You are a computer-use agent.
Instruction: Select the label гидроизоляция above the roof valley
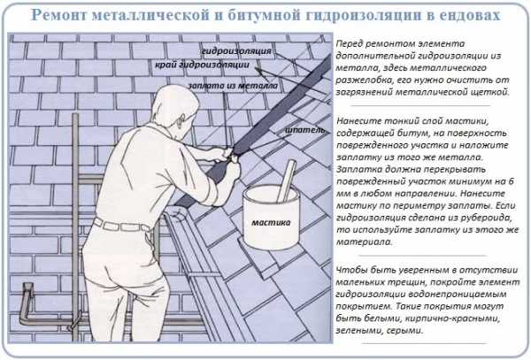coord(236,50)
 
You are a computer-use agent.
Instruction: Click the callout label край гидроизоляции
coord(202,65)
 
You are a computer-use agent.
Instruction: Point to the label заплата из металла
coord(233,86)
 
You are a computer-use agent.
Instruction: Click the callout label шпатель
coord(304,130)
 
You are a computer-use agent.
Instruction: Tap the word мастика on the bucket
coord(271,222)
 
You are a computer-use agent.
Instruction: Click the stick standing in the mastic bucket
coord(286,181)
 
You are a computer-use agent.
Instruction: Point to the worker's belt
coord(122,225)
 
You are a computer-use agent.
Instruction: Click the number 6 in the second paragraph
coord(511,181)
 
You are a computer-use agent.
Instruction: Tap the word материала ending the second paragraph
coord(364,242)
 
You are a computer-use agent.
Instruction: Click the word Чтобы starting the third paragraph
coord(351,270)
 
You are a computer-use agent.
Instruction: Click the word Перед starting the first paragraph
coord(350,43)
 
